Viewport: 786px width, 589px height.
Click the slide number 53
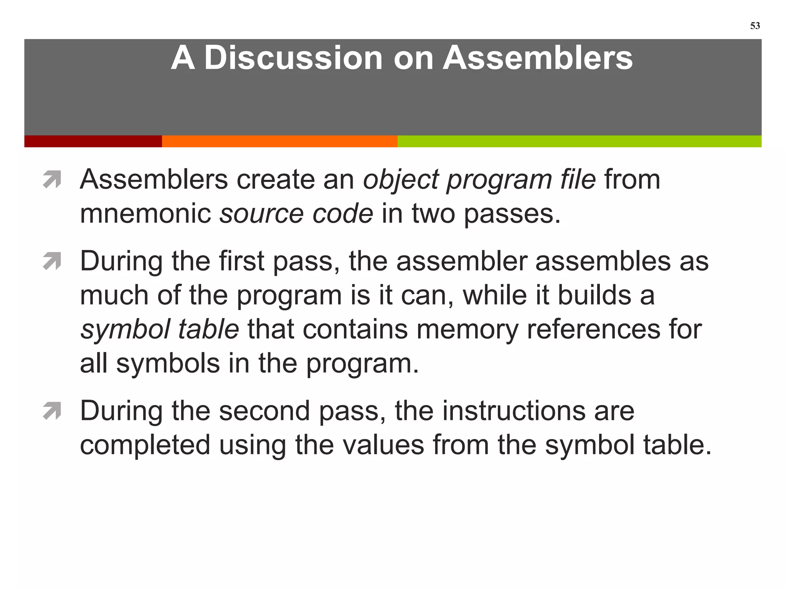(755, 26)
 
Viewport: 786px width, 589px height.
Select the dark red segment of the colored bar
(93, 141)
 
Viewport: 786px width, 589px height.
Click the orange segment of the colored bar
(279, 141)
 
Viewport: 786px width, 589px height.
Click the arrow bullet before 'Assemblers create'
(52, 179)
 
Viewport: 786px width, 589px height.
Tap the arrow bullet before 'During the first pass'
(52, 261)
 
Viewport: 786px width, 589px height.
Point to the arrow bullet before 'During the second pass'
(52, 411)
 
